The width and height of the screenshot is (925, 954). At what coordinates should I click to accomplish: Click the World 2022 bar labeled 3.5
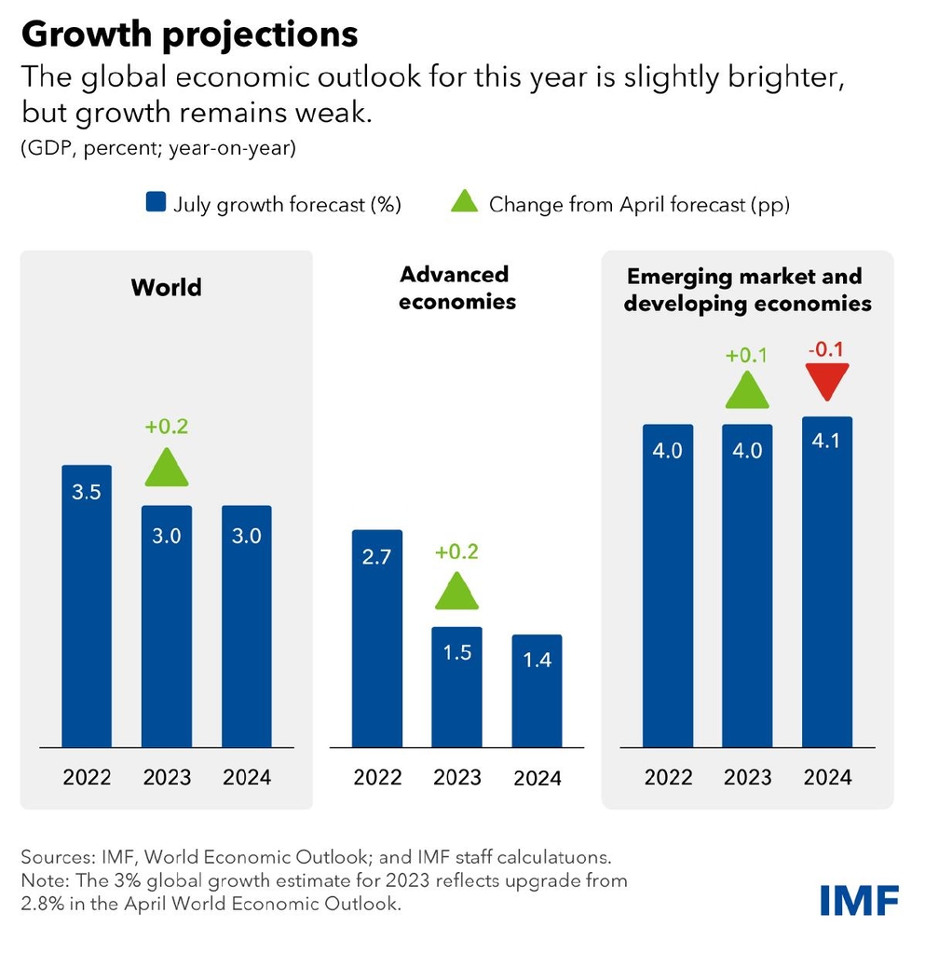87,606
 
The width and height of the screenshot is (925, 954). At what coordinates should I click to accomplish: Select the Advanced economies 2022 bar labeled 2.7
376,638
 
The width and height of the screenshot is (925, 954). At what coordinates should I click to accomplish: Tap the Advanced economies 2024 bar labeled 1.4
537,690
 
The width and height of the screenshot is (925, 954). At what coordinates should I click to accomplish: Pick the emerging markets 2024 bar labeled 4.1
826,581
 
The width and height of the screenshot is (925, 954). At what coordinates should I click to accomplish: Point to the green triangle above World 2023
167,469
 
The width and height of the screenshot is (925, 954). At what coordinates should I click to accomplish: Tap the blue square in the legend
157,203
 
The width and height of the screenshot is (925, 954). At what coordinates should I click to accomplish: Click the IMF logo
860,900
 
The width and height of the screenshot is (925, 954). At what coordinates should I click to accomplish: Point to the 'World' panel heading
167,286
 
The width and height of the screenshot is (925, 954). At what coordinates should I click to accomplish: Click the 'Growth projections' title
189,34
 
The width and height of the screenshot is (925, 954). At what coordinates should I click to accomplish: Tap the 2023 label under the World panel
167,777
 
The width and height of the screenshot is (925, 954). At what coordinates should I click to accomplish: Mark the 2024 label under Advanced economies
537,778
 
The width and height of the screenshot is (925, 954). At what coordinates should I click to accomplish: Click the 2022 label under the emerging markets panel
668,777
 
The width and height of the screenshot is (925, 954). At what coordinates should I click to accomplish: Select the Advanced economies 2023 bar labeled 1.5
456,687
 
